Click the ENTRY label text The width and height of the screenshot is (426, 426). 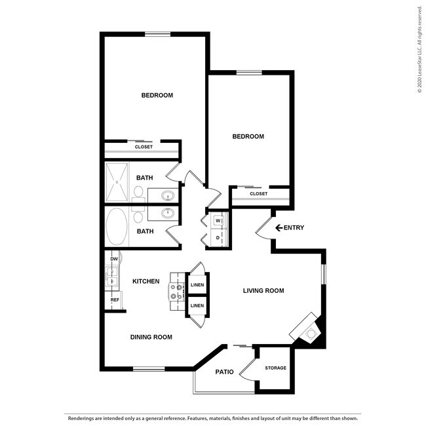294,228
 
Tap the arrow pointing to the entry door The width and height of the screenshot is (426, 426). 279,228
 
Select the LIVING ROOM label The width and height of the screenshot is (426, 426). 263,290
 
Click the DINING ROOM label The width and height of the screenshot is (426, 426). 151,337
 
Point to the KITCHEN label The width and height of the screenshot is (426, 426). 145,281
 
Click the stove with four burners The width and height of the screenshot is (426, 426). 176,291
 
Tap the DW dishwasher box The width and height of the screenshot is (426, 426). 114,259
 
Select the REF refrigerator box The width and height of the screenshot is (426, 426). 115,300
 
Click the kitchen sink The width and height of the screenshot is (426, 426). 111,279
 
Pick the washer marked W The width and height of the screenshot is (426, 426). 218,220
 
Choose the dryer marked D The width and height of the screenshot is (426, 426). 218,237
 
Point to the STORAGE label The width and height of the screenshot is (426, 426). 275,368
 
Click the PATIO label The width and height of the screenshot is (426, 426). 225,372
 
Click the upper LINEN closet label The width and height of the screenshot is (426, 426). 197,285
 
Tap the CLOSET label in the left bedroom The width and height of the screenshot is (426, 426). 144,147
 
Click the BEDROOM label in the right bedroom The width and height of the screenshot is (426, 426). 248,136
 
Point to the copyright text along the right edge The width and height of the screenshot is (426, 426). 419,50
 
